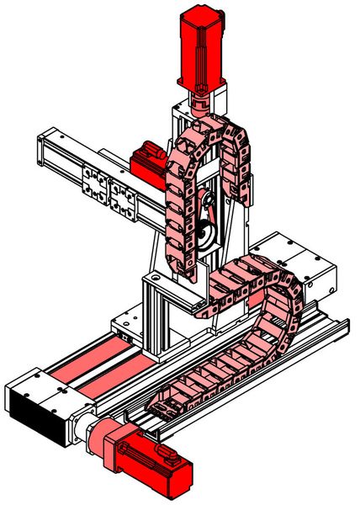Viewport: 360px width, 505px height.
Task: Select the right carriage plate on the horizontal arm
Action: (x=124, y=199)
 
